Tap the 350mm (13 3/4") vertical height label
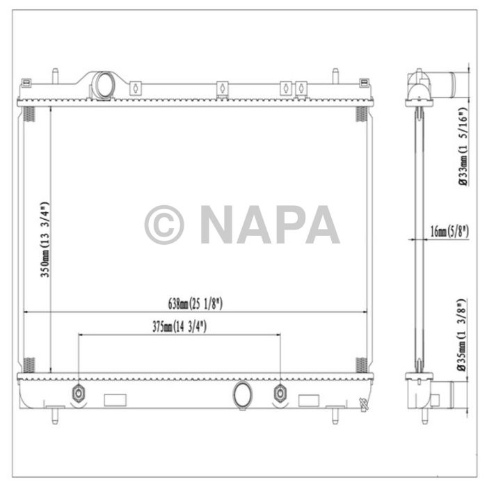[x=45, y=240]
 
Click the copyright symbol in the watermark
[x=164, y=225]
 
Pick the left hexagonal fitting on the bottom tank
[x=78, y=394]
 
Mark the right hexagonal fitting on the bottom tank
[x=280, y=394]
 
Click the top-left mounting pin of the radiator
[x=54, y=74]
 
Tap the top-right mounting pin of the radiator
[x=335, y=74]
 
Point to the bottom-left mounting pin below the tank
[x=54, y=417]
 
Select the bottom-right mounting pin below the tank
[x=335, y=417]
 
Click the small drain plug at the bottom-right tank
[x=362, y=403]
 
